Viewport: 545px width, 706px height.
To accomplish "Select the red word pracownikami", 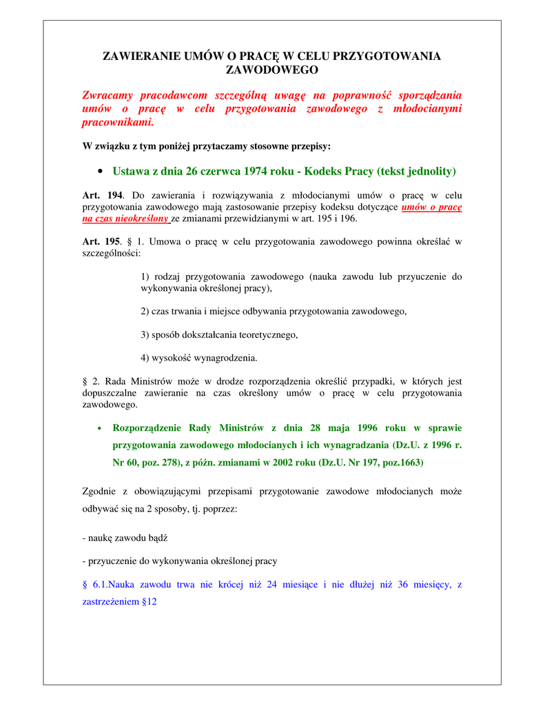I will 118,123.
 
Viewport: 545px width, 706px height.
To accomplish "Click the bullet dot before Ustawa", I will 101,171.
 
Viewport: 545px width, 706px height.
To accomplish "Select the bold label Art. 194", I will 101,196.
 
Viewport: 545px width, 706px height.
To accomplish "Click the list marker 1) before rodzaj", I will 146,276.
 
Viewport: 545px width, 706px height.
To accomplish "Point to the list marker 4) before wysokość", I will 146,358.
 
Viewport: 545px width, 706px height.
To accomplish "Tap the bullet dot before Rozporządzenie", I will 101,428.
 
